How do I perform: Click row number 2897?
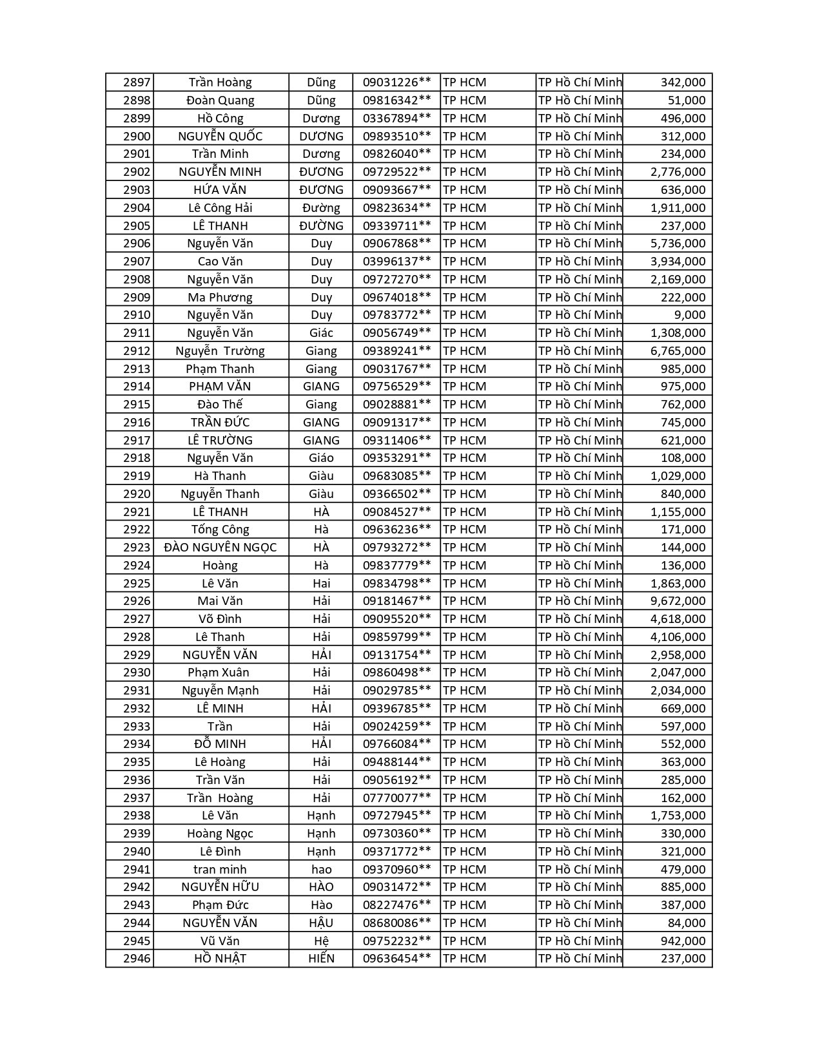click(137, 82)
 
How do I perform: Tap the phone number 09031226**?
click(396, 82)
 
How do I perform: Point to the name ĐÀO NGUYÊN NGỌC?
click(220, 548)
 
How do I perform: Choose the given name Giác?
click(321, 333)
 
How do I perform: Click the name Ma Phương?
click(220, 297)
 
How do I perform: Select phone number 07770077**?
click(396, 798)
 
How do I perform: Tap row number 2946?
click(137, 959)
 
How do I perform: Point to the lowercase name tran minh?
click(220, 869)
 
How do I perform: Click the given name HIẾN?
click(321, 959)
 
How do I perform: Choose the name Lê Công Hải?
click(220, 207)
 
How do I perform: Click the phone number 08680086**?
click(396, 923)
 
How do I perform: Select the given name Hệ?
click(321, 941)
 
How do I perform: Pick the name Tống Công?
click(220, 530)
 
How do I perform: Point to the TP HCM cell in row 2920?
click(464, 494)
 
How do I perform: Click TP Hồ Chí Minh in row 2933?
click(580, 726)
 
